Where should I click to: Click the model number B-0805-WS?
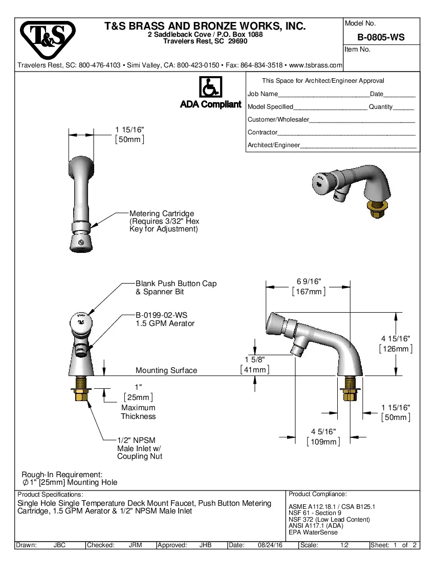[x=381, y=37]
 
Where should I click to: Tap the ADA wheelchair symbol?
[x=210, y=87]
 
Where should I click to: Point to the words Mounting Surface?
[x=166, y=370]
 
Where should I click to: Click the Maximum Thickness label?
[x=138, y=412]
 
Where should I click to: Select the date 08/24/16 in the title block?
[x=270, y=545]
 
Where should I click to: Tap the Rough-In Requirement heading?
[x=62, y=474]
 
